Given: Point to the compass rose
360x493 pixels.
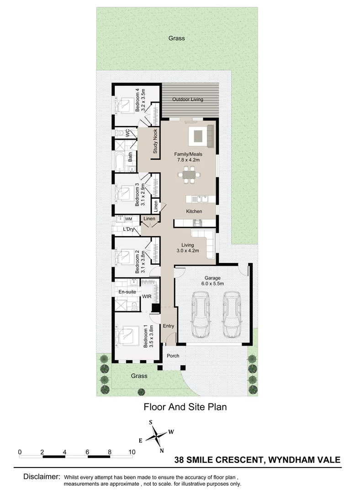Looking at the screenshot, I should point(157,435).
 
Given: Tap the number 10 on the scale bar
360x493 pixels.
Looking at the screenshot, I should point(132,452).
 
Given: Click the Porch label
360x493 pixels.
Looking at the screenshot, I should point(173,356).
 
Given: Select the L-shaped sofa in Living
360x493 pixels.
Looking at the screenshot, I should point(205,242).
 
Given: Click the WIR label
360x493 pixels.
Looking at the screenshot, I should point(147,297).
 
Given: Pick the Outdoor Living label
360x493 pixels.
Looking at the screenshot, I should point(187,100).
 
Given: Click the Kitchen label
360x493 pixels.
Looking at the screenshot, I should point(194,211).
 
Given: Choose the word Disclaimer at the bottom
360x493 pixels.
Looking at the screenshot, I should point(42,477).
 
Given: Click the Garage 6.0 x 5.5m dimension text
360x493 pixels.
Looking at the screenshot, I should point(212,283).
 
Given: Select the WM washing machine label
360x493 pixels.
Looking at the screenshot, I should point(128,219).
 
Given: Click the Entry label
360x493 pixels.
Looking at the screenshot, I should point(169,326).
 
